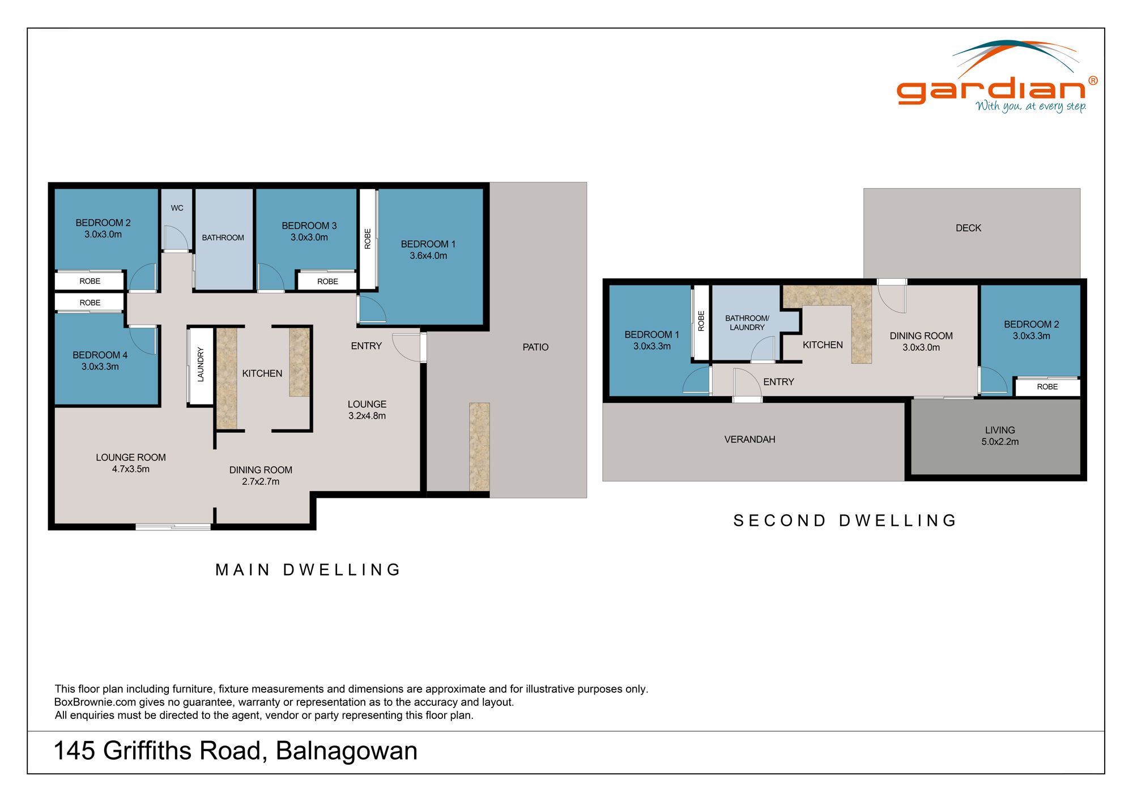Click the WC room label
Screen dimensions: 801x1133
pos(177,208)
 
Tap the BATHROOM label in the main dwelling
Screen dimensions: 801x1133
pos(223,237)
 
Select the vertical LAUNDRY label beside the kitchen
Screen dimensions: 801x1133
pos(200,365)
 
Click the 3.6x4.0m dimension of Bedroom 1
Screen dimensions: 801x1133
pos(428,255)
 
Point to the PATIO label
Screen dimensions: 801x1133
pos(535,347)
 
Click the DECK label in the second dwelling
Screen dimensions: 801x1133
pos(968,228)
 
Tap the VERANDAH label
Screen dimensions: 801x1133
pos(749,439)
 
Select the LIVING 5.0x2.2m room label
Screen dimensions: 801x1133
pos(1000,436)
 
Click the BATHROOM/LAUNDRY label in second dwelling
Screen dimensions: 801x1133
pos(747,322)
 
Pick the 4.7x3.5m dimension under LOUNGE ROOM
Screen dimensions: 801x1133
pos(131,469)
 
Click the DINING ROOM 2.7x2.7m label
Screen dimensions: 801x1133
pos(261,475)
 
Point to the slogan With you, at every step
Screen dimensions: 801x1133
pos(1030,106)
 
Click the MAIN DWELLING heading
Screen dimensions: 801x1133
pos(308,569)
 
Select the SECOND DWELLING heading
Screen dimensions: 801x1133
pos(845,520)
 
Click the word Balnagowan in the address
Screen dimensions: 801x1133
pos(346,751)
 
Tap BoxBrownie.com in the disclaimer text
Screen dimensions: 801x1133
pos(95,702)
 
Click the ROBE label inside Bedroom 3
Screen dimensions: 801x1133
pos(327,282)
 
